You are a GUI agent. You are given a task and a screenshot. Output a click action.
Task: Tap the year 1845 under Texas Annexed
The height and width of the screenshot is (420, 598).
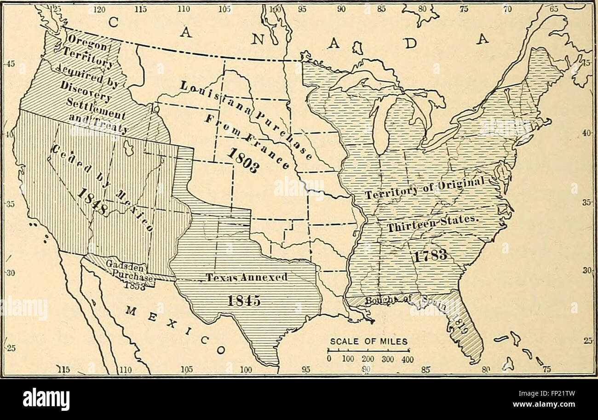[245, 300]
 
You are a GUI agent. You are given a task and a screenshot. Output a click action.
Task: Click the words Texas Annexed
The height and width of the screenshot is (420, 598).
[247, 277]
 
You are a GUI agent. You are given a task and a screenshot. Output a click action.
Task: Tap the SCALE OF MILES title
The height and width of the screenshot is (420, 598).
[368, 341]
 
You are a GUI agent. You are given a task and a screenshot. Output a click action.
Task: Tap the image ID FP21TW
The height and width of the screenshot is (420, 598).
[554, 394]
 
